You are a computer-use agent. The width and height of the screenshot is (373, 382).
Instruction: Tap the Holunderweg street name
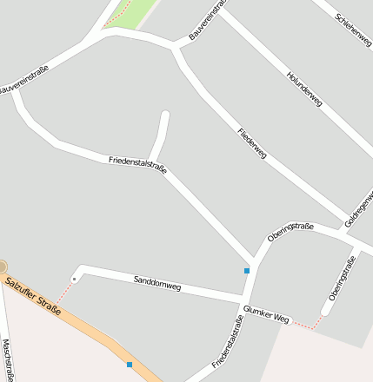click(x=303, y=89)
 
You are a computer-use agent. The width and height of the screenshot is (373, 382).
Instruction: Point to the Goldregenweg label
click(x=359, y=209)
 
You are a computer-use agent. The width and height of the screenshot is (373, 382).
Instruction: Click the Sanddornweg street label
click(x=157, y=282)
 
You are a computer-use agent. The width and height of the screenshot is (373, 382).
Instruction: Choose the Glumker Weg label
click(x=266, y=313)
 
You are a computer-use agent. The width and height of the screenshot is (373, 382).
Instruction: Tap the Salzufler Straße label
click(x=33, y=295)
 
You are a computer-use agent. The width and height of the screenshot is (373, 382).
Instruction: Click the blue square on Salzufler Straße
click(x=130, y=365)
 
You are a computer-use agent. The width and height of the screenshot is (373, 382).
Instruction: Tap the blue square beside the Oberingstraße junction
click(x=247, y=271)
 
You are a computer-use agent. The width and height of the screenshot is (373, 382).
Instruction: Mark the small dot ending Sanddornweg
click(x=75, y=279)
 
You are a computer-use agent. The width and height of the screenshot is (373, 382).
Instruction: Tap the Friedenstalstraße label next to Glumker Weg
click(x=226, y=341)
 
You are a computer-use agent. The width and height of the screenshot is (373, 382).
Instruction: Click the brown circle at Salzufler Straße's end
click(x=3, y=267)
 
